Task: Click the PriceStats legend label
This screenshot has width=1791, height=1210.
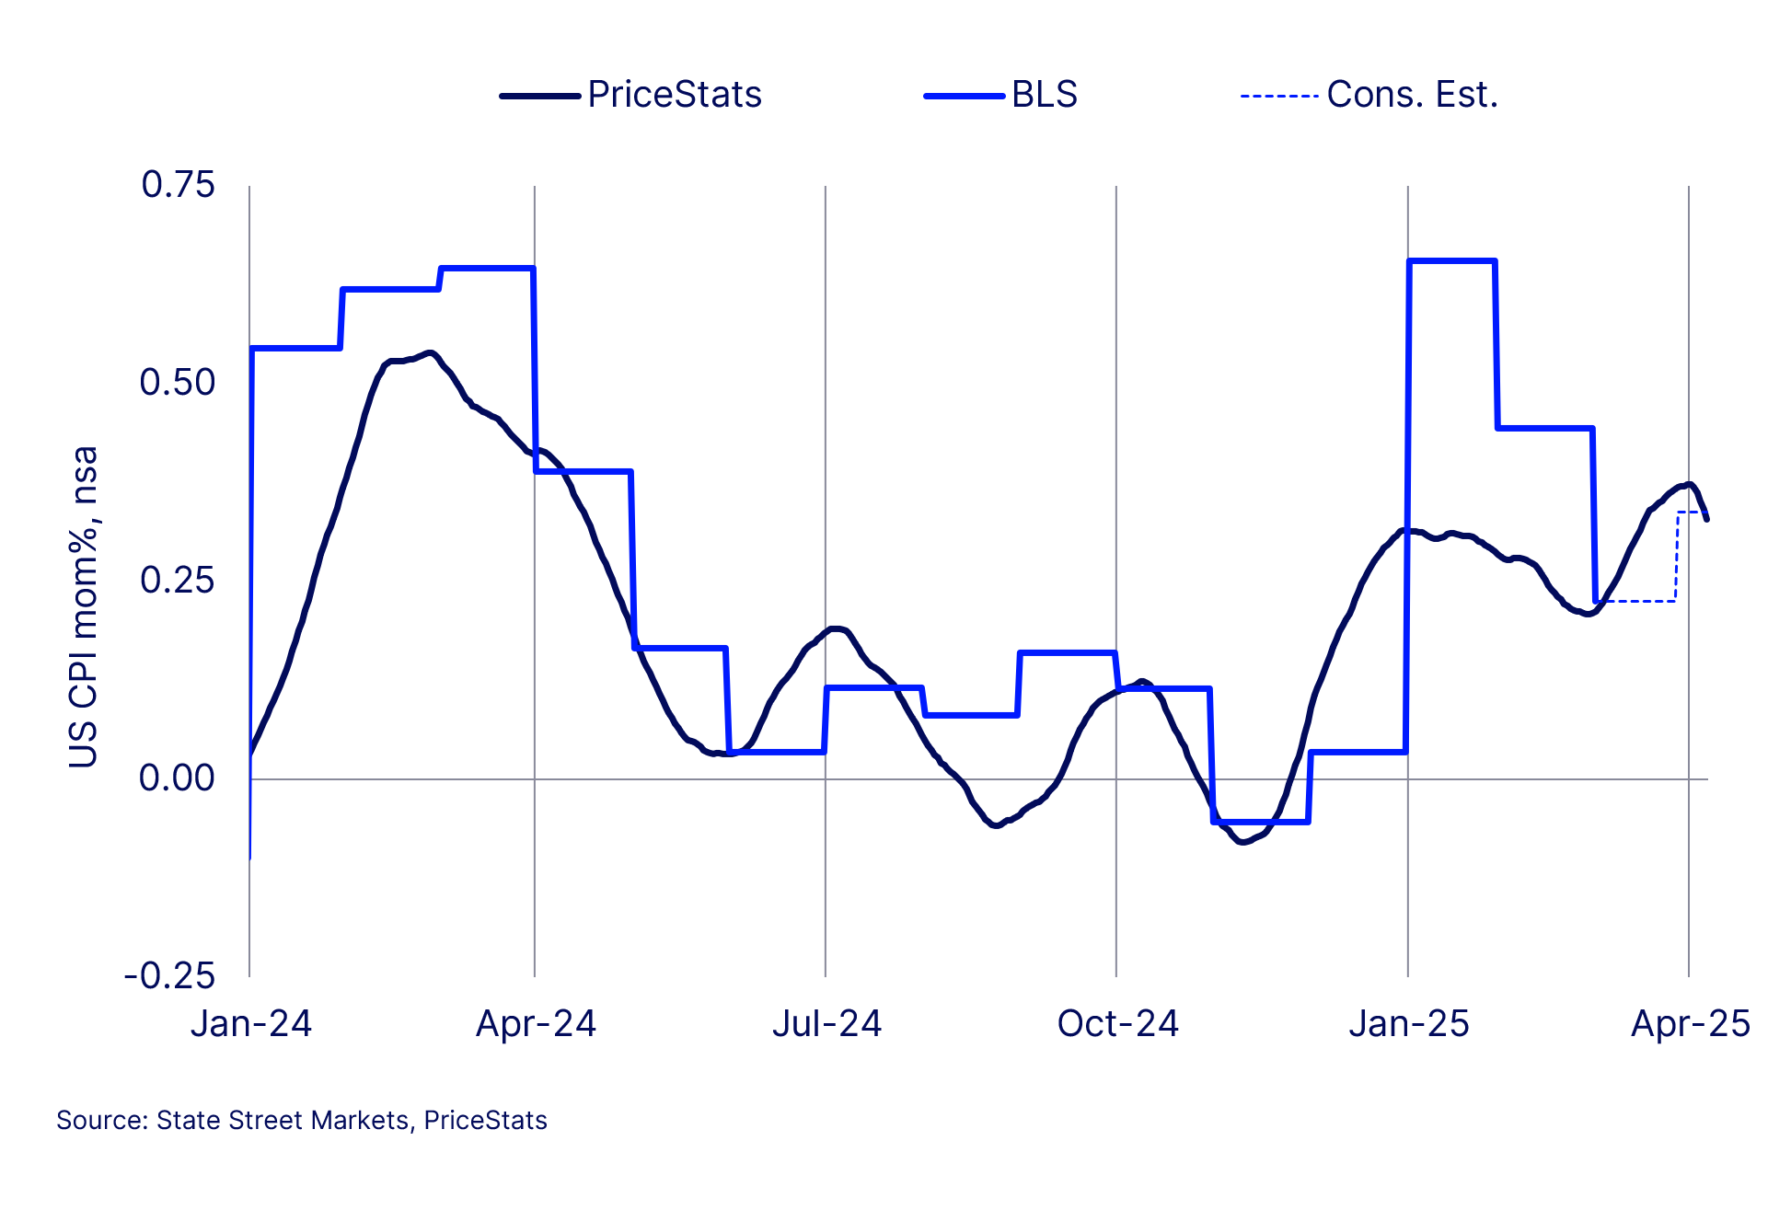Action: pos(675,95)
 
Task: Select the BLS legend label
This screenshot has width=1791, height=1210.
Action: pos(1045,95)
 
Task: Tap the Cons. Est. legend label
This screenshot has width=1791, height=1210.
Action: pos(1412,95)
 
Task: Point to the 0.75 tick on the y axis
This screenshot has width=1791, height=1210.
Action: pos(178,185)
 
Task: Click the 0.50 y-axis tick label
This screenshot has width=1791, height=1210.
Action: pos(178,383)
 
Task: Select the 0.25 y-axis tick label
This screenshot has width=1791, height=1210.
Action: pos(178,581)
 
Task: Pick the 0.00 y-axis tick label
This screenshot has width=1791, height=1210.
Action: pos(178,778)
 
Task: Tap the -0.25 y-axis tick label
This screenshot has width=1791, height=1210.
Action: pos(170,976)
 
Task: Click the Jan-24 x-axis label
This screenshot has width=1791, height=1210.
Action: pos(251,1024)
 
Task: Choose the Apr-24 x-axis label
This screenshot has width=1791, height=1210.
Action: pos(536,1024)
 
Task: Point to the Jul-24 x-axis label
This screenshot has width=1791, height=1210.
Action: pos(826,1024)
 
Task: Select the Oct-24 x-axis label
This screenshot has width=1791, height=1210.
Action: pos(1117,1024)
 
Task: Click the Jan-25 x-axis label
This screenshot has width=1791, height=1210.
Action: pos(1409,1024)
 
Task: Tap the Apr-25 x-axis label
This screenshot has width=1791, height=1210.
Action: pos(1691,1024)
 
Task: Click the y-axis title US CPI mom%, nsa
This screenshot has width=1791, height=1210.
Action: pos(84,607)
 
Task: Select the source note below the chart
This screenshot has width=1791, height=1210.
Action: pos(302,1121)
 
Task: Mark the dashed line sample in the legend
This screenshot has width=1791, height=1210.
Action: pos(1279,96)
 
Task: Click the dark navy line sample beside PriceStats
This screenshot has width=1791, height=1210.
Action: pos(539,96)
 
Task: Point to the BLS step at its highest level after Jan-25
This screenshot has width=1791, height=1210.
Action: pos(1451,261)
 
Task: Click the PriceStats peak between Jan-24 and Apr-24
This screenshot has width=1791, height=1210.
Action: pos(428,353)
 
